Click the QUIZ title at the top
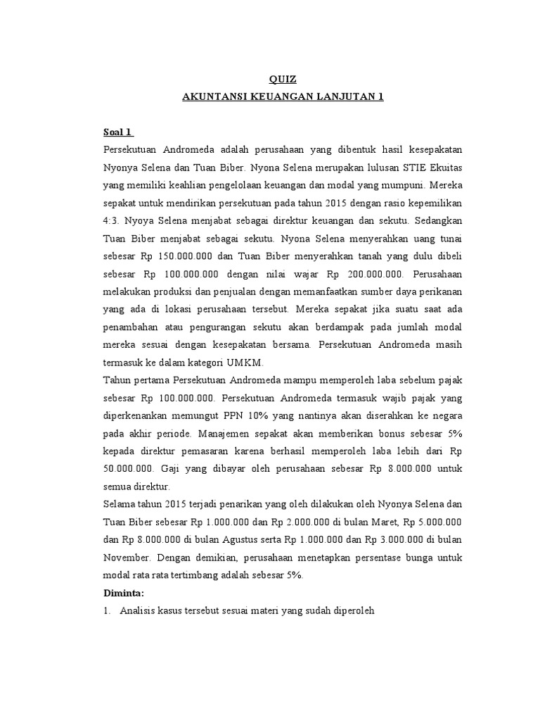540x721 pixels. (x=278, y=80)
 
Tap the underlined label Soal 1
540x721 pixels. (x=118, y=132)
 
